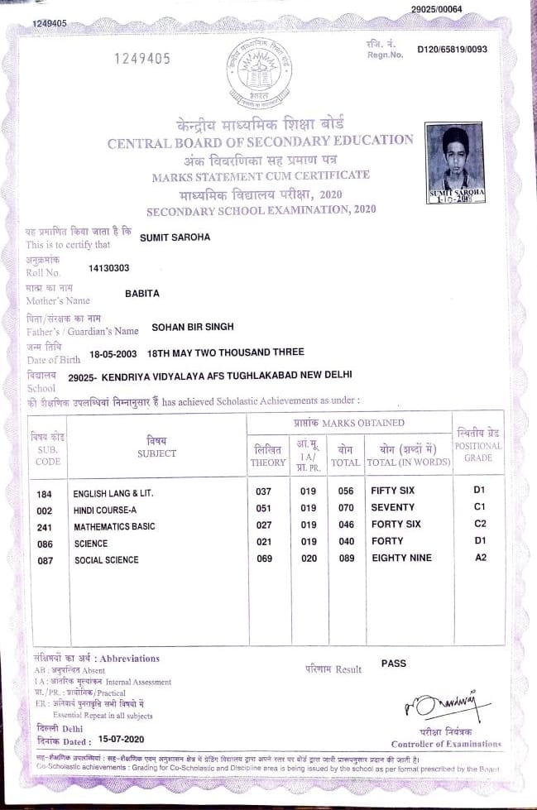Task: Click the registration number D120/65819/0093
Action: tap(453, 50)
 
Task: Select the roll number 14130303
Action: tap(108, 267)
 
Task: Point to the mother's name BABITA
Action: tap(141, 294)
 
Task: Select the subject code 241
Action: tap(45, 526)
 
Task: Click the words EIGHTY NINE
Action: tap(401, 558)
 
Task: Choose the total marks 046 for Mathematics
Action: tap(346, 525)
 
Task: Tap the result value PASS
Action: tap(394, 663)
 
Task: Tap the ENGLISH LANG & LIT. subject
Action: tap(113, 493)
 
